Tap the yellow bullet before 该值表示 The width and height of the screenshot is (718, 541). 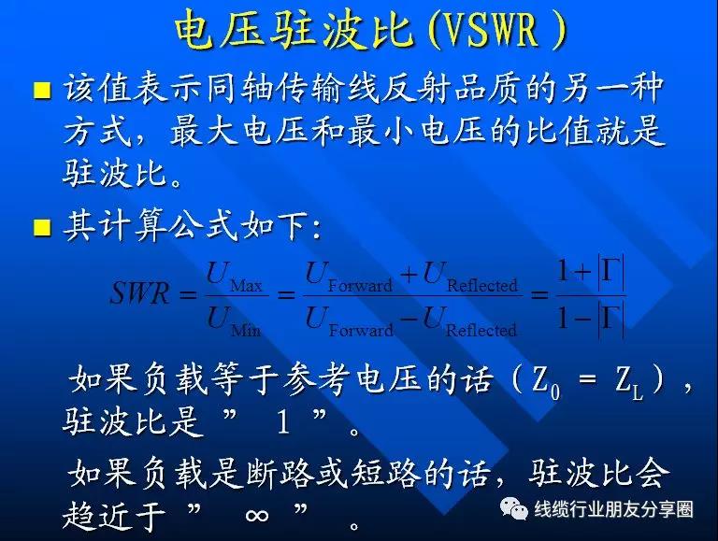coord(42,90)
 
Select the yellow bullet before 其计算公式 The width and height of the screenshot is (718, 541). coord(42,227)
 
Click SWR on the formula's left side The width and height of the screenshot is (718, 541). coord(140,293)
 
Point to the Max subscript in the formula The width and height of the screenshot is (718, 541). coord(246,286)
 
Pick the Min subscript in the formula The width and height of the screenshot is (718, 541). coord(246,330)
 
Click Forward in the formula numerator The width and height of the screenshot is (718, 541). coord(360,286)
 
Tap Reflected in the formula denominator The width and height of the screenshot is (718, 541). coord(481,330)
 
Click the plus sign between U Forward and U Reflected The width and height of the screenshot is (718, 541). coord(409,274)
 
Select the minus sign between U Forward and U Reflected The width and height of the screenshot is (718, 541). coord(409,318)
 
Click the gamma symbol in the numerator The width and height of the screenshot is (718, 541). coord(611,272)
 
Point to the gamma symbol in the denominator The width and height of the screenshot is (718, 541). coord(611,318)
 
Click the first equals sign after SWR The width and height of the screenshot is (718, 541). coord(187,293)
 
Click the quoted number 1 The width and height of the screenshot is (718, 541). coord(283,422)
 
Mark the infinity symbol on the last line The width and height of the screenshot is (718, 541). coord(256,516)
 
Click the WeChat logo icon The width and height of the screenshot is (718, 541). coord(513,508)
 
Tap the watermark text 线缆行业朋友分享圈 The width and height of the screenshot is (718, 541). coord(613,509)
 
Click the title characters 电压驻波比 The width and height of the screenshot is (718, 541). coord(294,31)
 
